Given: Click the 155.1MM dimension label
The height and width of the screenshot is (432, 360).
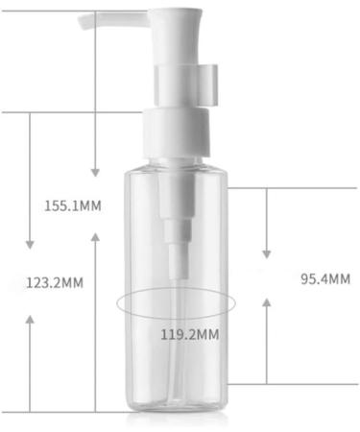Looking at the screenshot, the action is (x=73, y=205).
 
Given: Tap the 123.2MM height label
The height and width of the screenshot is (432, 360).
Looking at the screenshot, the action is (x=55, y=283).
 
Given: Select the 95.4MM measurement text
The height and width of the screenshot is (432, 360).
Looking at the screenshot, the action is (x=325, y=279).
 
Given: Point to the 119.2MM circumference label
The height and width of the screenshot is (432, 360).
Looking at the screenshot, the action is (x=190, y=335).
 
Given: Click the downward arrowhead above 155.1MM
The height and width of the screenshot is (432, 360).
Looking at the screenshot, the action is (x=95, y=173).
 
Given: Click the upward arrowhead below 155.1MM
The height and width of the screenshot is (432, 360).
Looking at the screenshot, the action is (x=95, y=237).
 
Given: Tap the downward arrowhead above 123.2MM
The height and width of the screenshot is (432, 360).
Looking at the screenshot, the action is (x=30, y=245).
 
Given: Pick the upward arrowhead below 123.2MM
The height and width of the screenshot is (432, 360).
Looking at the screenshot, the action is (x=30, y=320).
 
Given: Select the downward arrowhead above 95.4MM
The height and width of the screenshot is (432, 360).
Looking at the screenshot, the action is (x=267, y=254).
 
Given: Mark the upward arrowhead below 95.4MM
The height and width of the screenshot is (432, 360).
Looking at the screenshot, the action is (x=267, y=302).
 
